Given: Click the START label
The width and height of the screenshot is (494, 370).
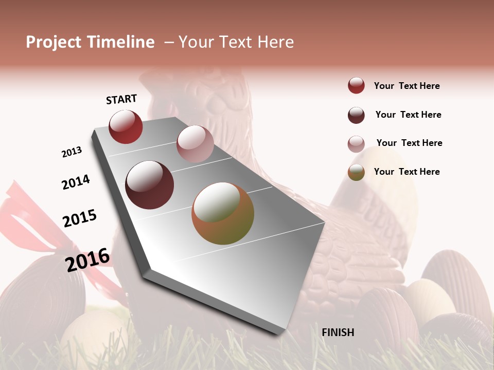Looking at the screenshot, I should [121, 99].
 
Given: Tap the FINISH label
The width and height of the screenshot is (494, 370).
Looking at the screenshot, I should [338, 332].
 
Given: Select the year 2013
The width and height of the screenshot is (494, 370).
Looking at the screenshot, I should [72, 152].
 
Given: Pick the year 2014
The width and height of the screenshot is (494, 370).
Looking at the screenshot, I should [76, 182].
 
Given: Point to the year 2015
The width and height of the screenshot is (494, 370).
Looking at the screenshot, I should [80, 218].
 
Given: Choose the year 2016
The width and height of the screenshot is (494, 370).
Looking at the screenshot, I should [87, 260].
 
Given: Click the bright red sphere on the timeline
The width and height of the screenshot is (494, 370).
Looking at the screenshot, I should [126, 126].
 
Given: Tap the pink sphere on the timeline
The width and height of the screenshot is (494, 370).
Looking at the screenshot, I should [195, 144].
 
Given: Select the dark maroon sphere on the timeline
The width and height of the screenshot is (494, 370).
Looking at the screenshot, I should [150, 185].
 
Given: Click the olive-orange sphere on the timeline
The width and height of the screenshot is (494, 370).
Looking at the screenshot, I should [223, 213].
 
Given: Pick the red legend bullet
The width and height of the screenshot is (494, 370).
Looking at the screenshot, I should [356, 86].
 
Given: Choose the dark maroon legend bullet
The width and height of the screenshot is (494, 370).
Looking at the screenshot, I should [356, 115].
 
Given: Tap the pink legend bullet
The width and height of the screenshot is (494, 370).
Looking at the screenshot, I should [356, 144].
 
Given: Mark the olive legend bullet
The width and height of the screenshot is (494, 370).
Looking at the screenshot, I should [356, 172].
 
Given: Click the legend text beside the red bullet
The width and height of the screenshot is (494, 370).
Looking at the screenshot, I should [407, 86].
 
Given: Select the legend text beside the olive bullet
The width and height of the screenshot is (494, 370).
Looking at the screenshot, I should [407, 172].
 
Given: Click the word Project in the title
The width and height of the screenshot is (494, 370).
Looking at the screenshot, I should [53, 42].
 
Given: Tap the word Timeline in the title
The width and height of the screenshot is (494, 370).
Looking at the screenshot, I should [120, 42].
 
